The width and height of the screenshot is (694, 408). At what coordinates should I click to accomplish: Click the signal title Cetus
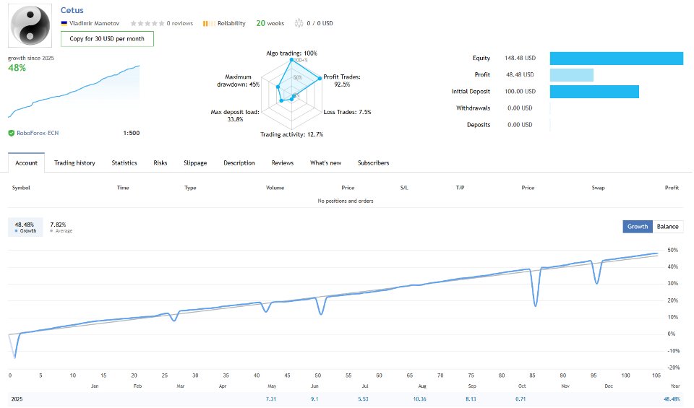(x=72, y=10)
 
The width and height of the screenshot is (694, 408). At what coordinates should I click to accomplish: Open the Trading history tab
(x=74, y=163)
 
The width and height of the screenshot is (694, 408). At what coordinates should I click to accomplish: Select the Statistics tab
(x=124, y=163)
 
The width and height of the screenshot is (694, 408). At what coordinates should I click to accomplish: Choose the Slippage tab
(x=195, y=163)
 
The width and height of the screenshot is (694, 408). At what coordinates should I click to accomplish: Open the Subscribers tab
(x=373, y=163)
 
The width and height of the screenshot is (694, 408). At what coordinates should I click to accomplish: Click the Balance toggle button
(x=667, y=227)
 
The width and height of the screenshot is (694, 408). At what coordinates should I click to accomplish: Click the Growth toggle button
(x=638, y=227)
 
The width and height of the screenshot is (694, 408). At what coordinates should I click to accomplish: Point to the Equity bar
(x=616, y=58)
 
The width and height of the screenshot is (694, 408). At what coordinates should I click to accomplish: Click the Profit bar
(x=571, y=75)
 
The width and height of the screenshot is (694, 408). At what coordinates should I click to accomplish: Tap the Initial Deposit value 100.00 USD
(x=520, y=92)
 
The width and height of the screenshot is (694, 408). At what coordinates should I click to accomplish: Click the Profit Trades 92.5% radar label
(x=342, y=81)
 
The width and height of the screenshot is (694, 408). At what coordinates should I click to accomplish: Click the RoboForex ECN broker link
(x=37, y=133)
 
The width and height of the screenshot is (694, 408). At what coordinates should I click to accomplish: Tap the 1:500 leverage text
(x=132, y=133)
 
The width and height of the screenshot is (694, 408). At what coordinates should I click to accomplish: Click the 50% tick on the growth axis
(x=672, y=251)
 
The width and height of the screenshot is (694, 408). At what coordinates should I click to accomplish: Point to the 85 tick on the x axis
(x=534, y=376)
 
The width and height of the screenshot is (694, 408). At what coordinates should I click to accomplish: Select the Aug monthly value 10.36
(x=419, y=399)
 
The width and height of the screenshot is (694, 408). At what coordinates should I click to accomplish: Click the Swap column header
(x=598, y=188)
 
